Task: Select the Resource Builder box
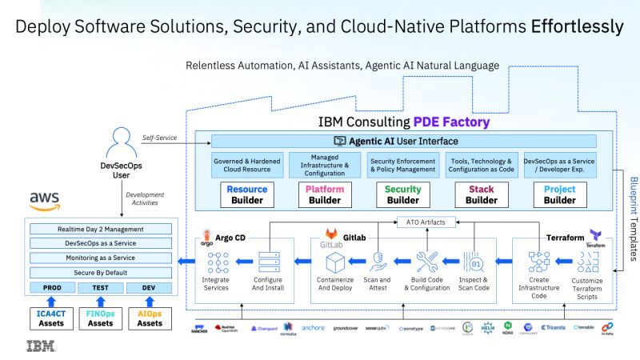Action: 246,195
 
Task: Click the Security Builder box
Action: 403,195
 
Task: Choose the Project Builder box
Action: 559,195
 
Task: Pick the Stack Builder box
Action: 481,195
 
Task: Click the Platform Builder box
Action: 325,195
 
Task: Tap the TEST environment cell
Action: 100,287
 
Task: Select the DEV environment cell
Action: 149,287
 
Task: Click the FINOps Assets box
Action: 100,318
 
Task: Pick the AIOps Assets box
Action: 150,318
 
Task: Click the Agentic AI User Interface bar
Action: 403,140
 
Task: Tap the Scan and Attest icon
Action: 378,262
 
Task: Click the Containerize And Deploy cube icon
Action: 334,262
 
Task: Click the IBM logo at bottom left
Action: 41,346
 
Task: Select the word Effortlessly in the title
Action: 577,26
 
